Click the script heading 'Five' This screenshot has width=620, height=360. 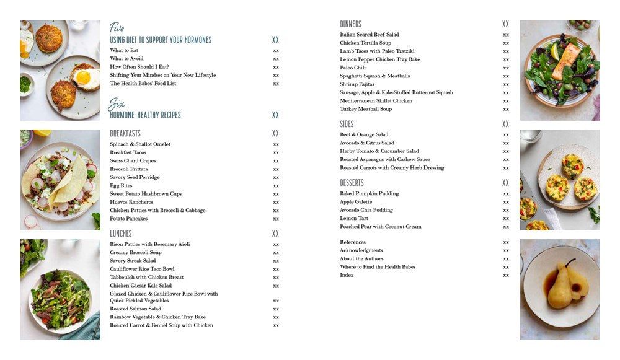(x=117, y=27)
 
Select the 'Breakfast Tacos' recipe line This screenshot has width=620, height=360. (x=128, y=152)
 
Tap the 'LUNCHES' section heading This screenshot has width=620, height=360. (x=121, y=234)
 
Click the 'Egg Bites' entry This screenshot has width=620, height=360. (x=121, y=185)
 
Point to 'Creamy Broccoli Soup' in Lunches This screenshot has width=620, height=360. (x=135, y=252)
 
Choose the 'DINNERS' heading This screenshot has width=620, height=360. (x=350, y=24)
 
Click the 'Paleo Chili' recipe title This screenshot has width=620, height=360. (x=353, y=68)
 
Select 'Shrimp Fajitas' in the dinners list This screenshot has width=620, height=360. (x=357, y=84)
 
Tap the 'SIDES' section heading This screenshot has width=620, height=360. (x=347, y=124)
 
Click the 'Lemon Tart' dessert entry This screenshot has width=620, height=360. (x=354, y=218)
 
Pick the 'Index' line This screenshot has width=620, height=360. (x=347, y=275)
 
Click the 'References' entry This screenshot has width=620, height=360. (x=353, y=242)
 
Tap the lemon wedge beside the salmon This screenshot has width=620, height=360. (x=555, y=51)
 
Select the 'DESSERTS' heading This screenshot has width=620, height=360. (x=352, y=183)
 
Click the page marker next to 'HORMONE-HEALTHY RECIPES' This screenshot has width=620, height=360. (x=275, y=115)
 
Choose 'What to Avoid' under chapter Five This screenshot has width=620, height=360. (x=126, y=59)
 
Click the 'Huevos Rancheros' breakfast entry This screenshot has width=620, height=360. (x=131, y=202)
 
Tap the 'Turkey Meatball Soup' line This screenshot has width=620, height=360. (x=366, y=109)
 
